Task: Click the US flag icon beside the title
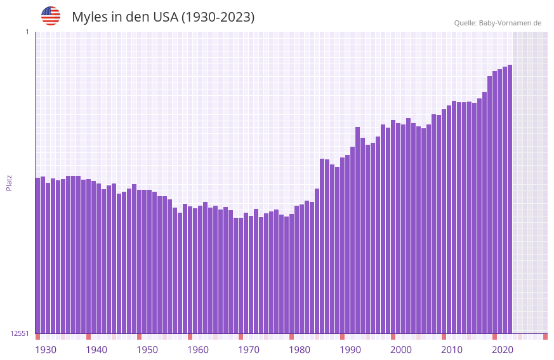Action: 51,16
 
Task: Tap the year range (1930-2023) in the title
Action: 218,17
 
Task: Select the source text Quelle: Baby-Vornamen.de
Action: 498,23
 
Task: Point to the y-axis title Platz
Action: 9,182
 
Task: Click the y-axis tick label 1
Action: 27,32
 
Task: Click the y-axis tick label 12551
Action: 20,333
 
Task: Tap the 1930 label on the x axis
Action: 46,350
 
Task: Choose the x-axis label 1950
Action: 147,350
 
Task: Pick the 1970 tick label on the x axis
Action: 249,350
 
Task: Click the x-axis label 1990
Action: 350,350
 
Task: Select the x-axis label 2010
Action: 452,350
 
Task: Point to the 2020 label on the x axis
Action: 503,350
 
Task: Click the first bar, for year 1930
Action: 38,254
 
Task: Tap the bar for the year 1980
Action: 292,273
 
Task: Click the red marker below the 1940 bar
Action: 89,337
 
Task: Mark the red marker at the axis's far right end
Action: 545,337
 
